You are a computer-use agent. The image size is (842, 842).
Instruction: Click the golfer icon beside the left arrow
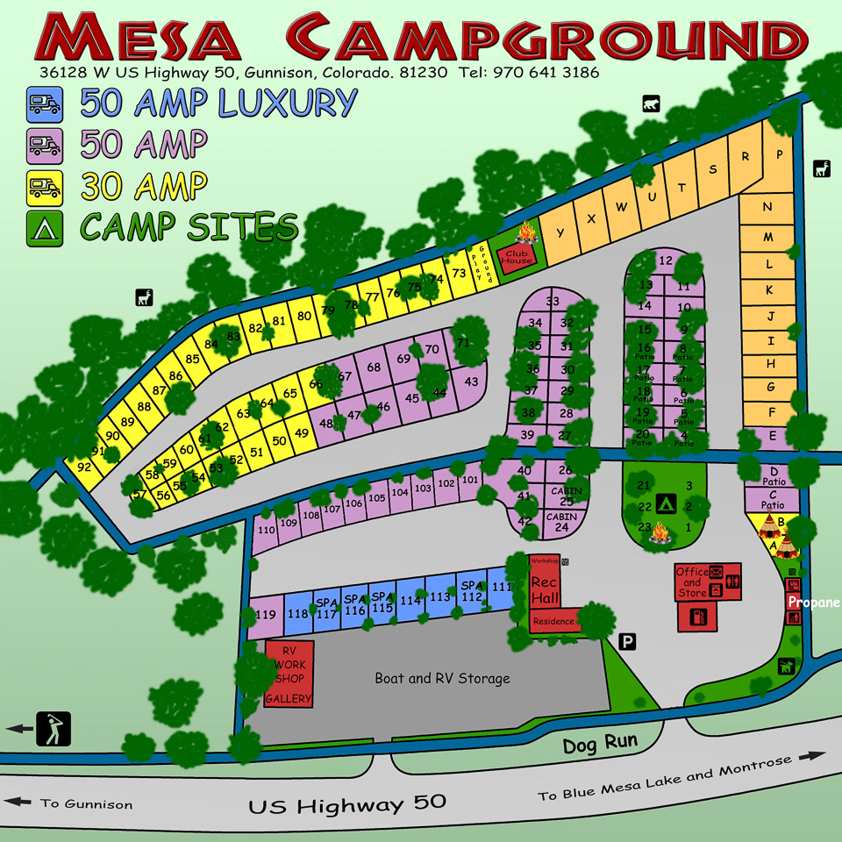(x=53, y=729)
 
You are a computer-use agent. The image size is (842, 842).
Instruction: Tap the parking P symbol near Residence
(x=628, y=642)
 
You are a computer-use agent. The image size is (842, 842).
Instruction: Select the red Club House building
(x=517, y=255)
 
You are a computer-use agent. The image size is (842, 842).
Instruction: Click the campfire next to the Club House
(x=526, y=233)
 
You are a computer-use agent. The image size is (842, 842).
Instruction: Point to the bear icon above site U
(x=650, y=103)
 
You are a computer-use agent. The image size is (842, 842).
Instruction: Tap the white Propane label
(x=813, y=603)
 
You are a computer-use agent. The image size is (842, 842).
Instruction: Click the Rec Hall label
(x=544, y=589)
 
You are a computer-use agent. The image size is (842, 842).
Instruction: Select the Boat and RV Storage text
(x=442, y=678)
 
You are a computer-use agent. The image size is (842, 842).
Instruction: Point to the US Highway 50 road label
(x=347, y=803)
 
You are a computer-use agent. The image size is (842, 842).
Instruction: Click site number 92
(x=84, y=467)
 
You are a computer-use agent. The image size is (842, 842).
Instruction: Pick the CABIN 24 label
(x=561, y=522)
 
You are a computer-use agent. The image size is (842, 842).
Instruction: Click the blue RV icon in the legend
(x=44, y=104)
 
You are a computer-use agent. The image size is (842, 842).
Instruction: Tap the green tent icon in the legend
(x=44, y=227)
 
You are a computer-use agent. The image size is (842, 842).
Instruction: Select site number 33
(x=553, y=302)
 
